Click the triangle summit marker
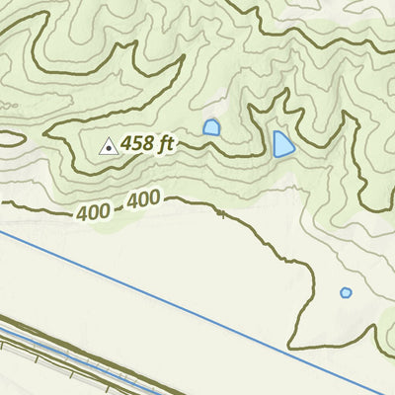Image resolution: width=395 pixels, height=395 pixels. pos(108,146)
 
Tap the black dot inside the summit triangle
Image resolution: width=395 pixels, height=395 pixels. pos(108,148)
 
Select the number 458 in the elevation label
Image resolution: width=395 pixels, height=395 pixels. pos(137,144)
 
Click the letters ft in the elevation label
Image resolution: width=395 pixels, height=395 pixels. pos(165,143)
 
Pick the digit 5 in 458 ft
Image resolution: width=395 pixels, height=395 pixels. pos(137,144)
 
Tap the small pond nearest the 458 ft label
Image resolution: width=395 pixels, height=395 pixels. pos(211,127)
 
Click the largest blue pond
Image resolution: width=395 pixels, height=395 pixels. pos(282,145)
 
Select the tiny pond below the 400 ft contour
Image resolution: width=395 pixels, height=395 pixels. pos(346,292)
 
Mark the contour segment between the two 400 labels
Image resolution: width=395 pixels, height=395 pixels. pos(118,207)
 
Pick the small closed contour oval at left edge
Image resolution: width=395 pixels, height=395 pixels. pos(8,139)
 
